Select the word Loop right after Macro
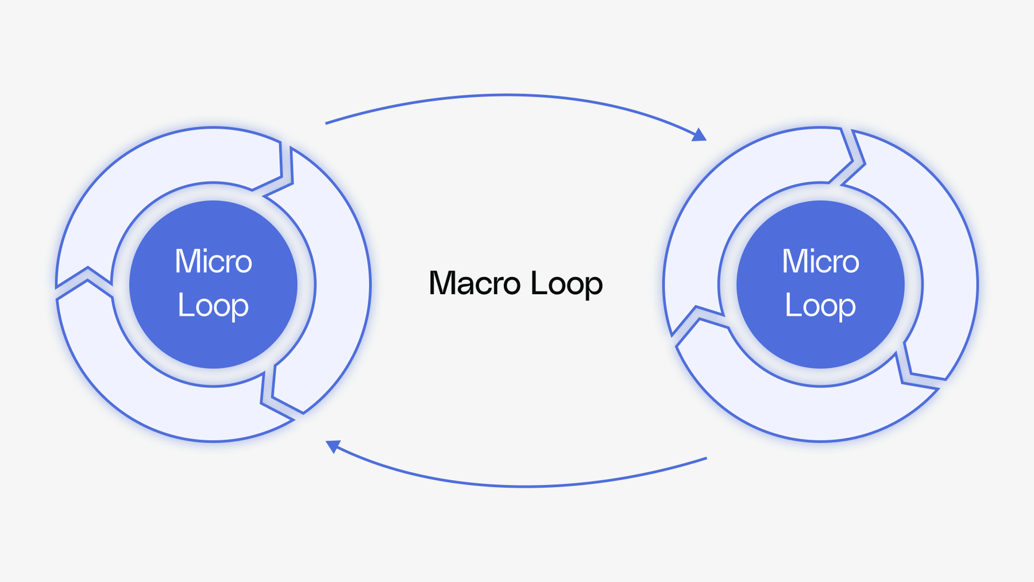point(566,284)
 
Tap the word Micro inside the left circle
point(213,261)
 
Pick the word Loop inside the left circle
point(213,306)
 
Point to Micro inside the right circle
point(820,261)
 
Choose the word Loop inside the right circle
point(820,306)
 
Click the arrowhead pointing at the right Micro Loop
point(699,136)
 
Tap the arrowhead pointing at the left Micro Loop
point(333,445)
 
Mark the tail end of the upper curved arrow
point(326,123)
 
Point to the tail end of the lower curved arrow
point(705,458)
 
